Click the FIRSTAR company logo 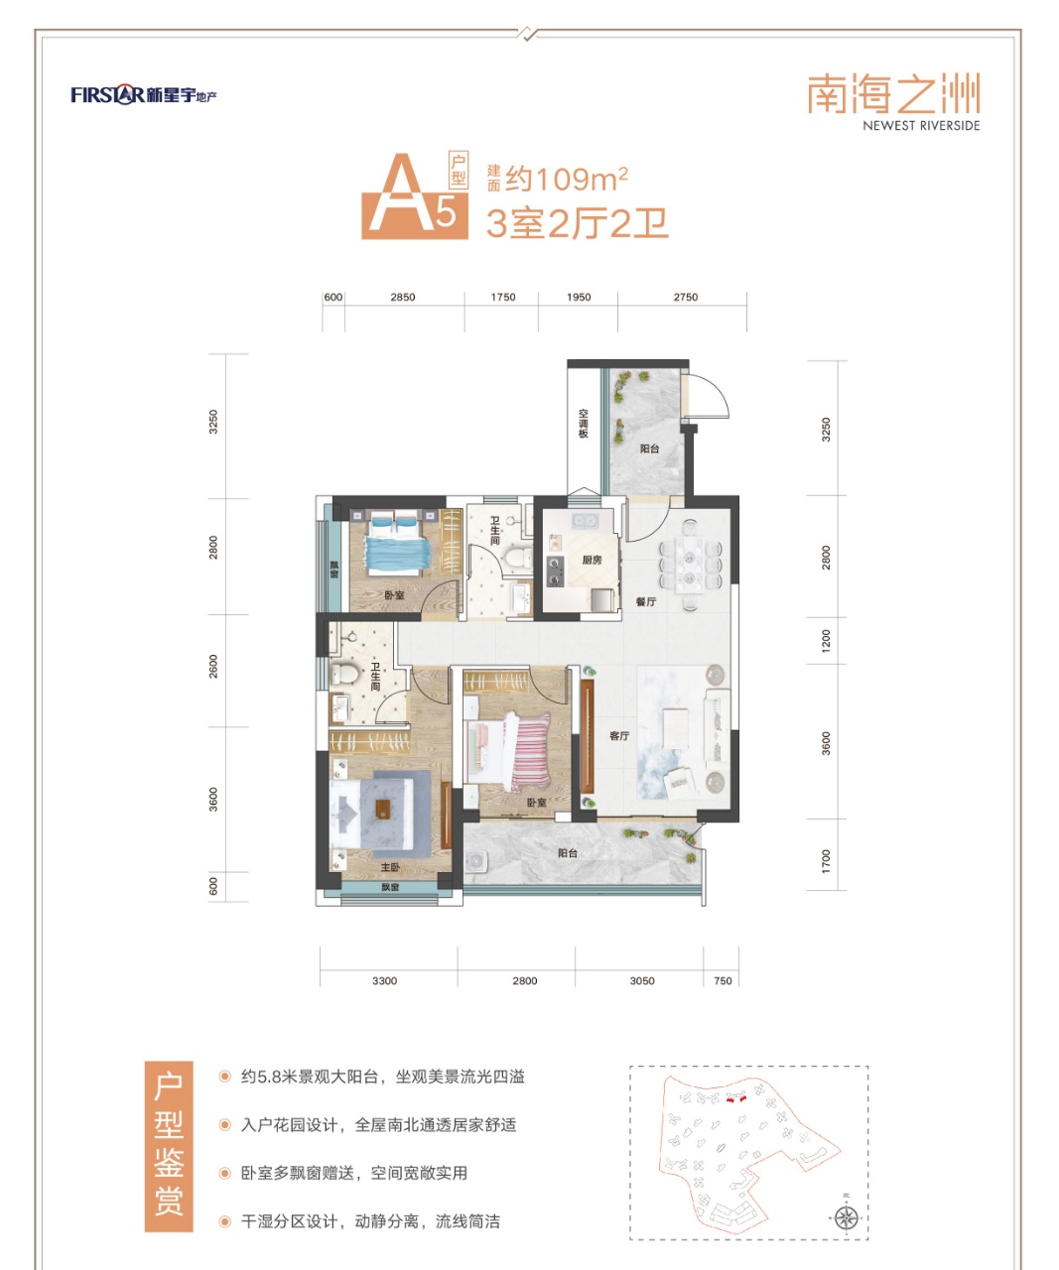click(144, 95)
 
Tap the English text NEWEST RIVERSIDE click(921, 126)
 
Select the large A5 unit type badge click(415, 195)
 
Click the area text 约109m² click(566, 179)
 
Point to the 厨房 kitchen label click(592, 560)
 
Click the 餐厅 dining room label click(646, 601)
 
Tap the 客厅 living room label click(619, 736)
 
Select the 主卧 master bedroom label click(390, 867)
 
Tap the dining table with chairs click(691, 564)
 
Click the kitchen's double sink click(584, 521)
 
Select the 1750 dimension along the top click(503, 297)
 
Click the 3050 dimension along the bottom click(642, 980)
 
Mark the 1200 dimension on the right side click(826, 641)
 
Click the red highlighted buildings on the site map click(735, 1098)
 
